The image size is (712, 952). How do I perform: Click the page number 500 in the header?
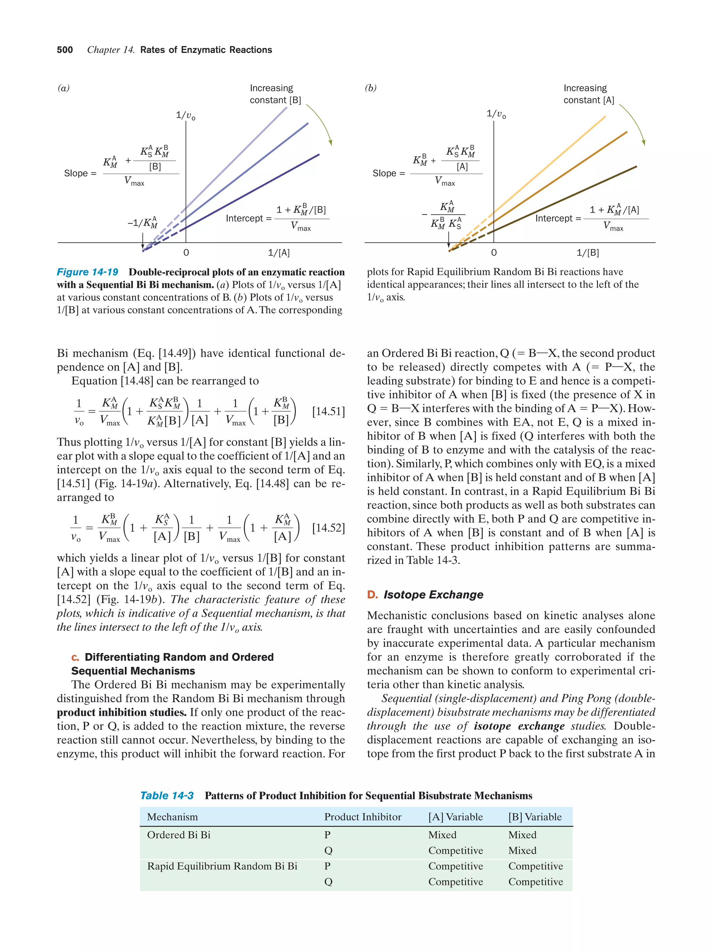pos(65,50)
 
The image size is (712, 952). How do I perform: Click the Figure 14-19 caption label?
pos(88,272)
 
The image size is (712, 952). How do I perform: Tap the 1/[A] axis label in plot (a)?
pos(279,253)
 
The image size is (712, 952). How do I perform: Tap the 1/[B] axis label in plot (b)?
pos(588,253)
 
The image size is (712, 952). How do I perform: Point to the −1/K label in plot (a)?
pos(143,223)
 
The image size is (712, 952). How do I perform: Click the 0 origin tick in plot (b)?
pos(494,253)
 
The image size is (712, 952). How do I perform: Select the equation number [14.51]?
pos(328,412)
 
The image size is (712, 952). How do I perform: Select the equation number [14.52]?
pos(328,528)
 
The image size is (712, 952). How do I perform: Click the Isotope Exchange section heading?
pos(433,594)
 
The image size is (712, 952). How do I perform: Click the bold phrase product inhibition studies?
pos(121,712)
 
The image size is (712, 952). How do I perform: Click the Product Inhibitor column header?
pos(363,817)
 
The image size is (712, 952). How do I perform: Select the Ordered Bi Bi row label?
pos(179,835)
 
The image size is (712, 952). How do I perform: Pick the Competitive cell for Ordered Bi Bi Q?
pos(455,851)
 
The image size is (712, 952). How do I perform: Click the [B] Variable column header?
pos(535,817)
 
